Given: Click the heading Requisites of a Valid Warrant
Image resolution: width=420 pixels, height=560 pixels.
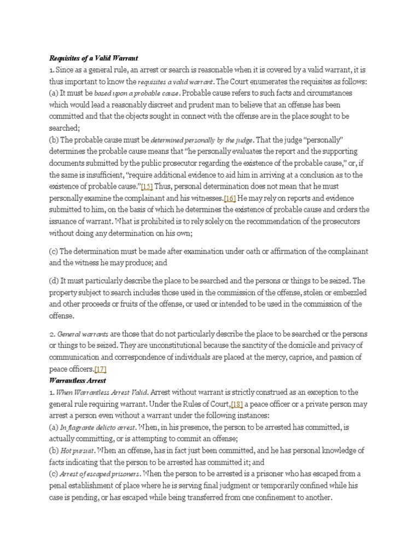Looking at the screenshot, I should [x=94, y=57].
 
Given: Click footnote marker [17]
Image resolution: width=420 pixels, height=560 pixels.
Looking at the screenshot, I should [x=100, y=369].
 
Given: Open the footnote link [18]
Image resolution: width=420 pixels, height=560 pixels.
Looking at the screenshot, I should [x=237, y=404].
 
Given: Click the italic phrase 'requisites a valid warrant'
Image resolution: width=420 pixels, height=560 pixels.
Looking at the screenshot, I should [x=170, y=82].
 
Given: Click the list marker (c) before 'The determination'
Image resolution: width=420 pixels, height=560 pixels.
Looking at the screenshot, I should [x=53, y=251].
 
